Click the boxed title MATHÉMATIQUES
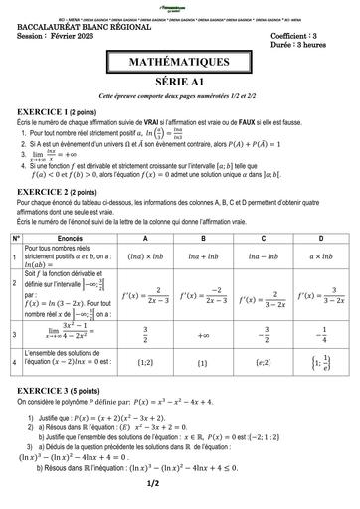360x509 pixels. click(x=179, y=63)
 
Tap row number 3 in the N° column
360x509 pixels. click(x=15, y=335)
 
